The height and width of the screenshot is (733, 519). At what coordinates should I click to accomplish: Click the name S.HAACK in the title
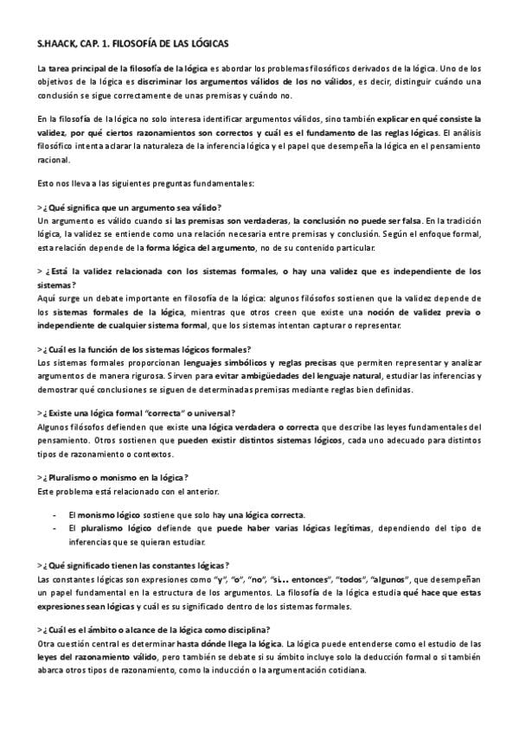click(x=56, y=41)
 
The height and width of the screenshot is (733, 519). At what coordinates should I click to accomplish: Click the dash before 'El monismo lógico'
click(x=56, y=515)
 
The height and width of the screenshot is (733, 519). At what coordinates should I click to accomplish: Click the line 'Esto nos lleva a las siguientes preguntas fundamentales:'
click(x=145, y=183)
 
